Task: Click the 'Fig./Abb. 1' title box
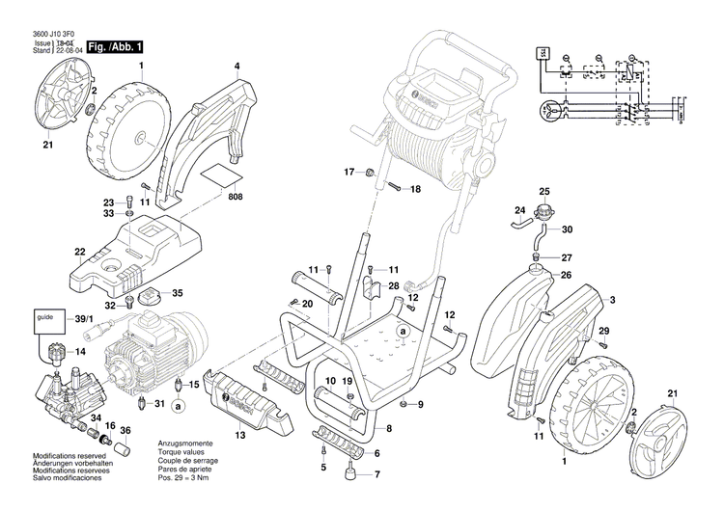pyautogui.click(x=116, y=46)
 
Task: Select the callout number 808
pyautogui.click(x=237, y=197)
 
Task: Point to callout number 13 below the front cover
pyautogui.click(x=239, y=435)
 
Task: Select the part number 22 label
pyautogui.click(x=80, y=253)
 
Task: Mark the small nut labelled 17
pyautogui.click(x=369, y=173)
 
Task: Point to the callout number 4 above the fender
pyautogui.click(x=237, y=67)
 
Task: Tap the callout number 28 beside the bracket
pyautogui.click(x=394, y=286)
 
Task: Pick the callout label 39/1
pyautogui.click(x=82, y=318)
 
